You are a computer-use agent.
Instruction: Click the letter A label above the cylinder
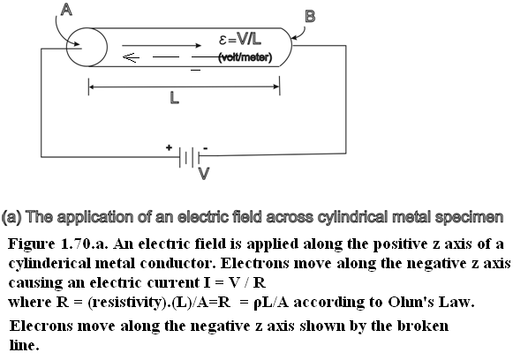pyautogui.click(x=67, y=10)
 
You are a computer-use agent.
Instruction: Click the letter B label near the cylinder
pyautogui.click(x=310, y=17)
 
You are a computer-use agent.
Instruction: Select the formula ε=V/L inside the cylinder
pyautogui.click(x=240, y=40)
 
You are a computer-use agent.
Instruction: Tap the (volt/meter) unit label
pyautogui.click(x=245, y=57)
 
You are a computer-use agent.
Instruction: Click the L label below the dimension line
pyautogui.click(x=174, y=98)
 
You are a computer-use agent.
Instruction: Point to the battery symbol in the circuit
pyautogui.click(x=189, y=157)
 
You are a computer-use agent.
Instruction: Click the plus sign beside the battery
pyautogui.click(x=169, y=147)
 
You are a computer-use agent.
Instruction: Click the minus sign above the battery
pyautogui.click(x=206, y=148)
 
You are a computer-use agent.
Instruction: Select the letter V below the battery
pyautogui.click(x=204, y=174)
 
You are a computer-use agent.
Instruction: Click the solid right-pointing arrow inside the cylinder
pyautogui.click(x=162, y=45)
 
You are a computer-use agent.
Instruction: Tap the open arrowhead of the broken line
pyautogui.click(x=131, y=57)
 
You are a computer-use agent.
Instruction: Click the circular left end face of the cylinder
pyautogui.click(x=87, y=47)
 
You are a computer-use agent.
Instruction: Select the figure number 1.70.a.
pyautogui.click(x=84, y=244)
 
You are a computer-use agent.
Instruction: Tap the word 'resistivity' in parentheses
pyautogui.click(x=127, y=303)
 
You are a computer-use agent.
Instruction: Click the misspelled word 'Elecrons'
pyautogui.click(x=41, y=326)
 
